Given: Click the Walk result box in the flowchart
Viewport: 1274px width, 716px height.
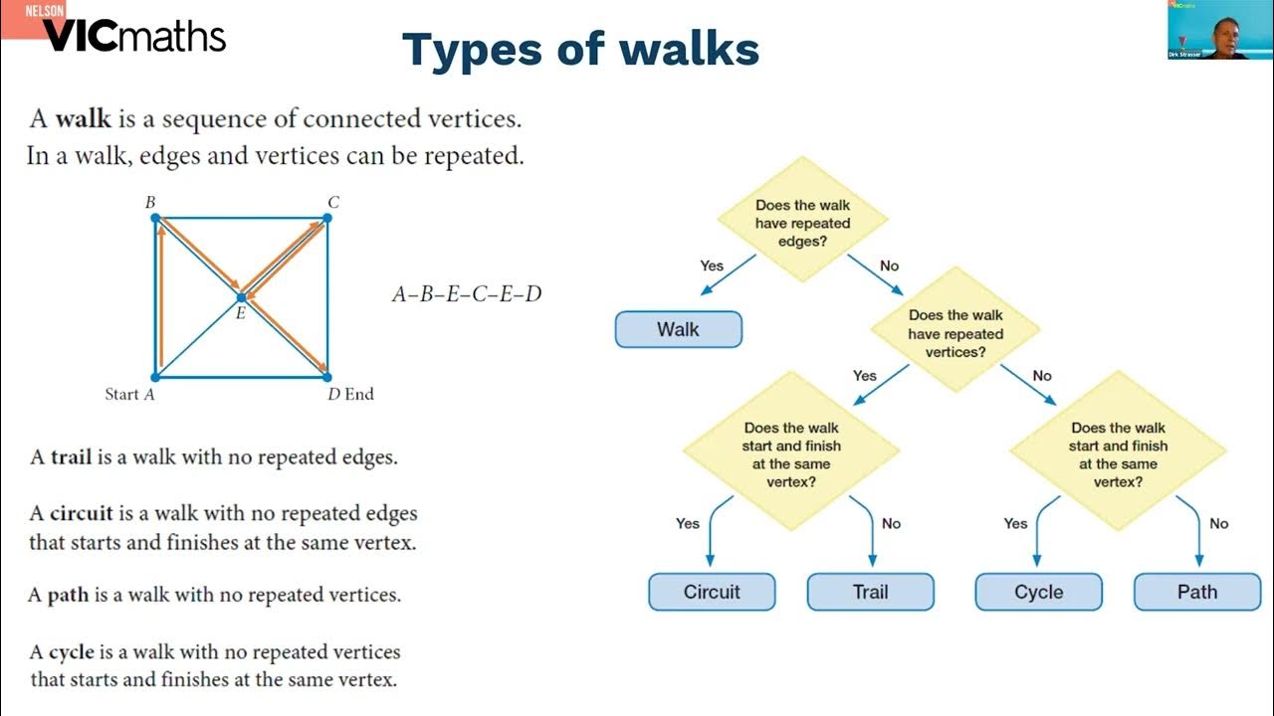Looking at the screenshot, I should click(678, 329).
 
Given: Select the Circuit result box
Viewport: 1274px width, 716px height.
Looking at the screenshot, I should click(712, 592).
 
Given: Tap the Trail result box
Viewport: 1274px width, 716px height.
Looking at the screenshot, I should click(870, 592).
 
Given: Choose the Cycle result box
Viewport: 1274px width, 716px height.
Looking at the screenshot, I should click(1038, 592).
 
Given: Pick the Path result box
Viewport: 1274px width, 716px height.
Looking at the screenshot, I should click(1196, 592).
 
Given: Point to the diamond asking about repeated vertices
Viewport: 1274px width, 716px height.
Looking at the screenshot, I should click(955, 333).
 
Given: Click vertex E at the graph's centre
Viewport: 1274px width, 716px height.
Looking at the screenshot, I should click(241, 297).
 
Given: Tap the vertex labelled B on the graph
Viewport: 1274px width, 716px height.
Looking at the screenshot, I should click(156, 218).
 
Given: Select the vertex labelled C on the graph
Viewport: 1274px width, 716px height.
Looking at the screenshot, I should click(326, 218).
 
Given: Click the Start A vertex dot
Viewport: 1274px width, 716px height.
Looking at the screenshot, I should click(155, 377).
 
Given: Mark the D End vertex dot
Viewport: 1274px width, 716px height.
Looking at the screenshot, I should click(326, 377).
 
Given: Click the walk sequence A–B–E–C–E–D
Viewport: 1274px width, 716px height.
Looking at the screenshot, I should click(467, 294).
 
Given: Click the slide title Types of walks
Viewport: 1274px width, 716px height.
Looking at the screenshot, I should click(580, 49).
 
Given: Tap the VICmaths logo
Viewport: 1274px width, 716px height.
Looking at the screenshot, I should click(133, 36).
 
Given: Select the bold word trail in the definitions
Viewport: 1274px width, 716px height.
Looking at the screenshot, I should click(72, 458).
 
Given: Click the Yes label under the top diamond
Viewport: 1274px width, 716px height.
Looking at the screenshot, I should click(712, 266).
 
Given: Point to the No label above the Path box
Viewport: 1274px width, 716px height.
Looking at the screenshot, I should click(1218, 523).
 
